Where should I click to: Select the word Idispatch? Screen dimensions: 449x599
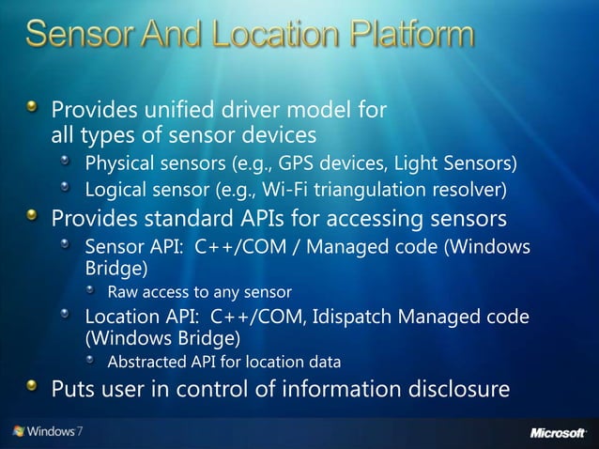tap(320, 316)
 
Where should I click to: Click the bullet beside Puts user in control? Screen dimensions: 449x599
tap(33, 387)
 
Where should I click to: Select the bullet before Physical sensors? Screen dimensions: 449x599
tap(68, 165)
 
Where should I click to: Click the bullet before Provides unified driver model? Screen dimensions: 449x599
tap(33, 110)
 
